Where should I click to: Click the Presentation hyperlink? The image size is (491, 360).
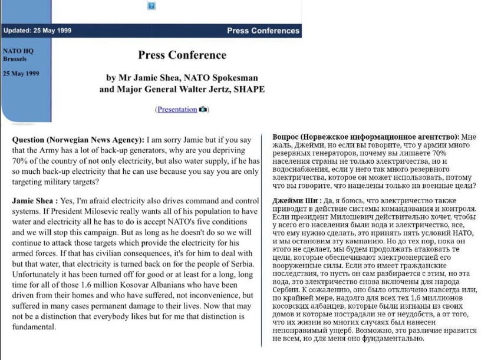(177, 110)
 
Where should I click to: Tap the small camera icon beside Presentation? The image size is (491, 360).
(203, 110)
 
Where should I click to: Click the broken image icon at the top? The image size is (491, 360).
(151, 6)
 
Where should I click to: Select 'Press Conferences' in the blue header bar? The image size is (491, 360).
(263, 31)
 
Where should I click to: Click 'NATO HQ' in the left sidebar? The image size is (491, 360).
(18, 51)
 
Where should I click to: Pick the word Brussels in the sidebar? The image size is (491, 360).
(15, 60)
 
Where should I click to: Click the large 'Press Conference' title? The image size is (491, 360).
(182, 55)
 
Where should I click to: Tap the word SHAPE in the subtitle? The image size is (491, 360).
(251, 90)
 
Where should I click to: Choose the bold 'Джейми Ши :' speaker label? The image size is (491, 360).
(297, 201)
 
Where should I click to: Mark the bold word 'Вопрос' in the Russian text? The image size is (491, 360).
(285, 137)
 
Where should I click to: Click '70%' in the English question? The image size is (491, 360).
(21, 161)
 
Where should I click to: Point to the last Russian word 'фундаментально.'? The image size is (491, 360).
(393, 339)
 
